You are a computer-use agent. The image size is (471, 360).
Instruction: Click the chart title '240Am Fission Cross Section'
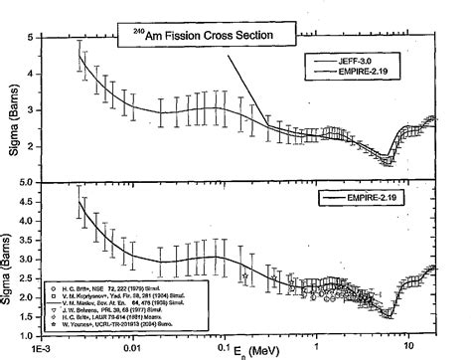point(205,36)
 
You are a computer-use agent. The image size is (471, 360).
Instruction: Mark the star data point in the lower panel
point(245,275)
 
